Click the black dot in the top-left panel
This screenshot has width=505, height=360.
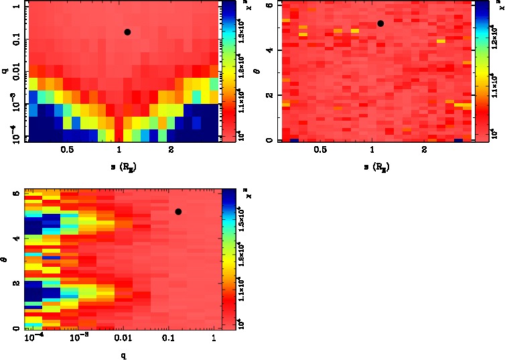pos(127,32)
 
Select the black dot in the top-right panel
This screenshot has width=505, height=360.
pos(380,23)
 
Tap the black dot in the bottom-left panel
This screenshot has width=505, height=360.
pos(178,212)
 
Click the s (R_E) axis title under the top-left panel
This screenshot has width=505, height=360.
pos(120,166)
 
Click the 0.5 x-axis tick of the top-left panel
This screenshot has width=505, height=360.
pos(67,152)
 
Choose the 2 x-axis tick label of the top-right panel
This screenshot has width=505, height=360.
pos(424,152)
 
